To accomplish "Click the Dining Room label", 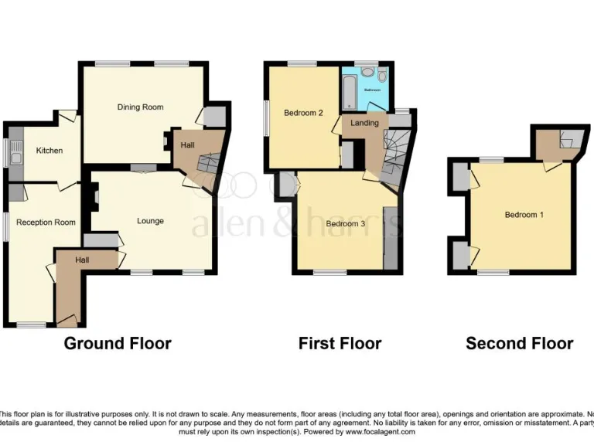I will [x=140, y=107].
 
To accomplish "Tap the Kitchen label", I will [x=49, y=151].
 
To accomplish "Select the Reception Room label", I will [x=46, y=222].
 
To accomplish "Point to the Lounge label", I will [x=150, y=221].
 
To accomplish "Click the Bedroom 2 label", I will [x=302, y=113].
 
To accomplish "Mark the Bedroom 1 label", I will [x=524, y=214].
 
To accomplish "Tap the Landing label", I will [x=364, y=123].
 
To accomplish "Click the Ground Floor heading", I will [x=118, y=343].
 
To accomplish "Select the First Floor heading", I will [x=340, y=343].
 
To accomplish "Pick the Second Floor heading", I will [x=519, y=343].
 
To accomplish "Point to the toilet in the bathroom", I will [x=382, y=73].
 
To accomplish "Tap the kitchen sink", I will [x=15, y=152].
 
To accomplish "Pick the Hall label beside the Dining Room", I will [x=187, y=144].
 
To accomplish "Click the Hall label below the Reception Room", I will [x=82, y=260].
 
